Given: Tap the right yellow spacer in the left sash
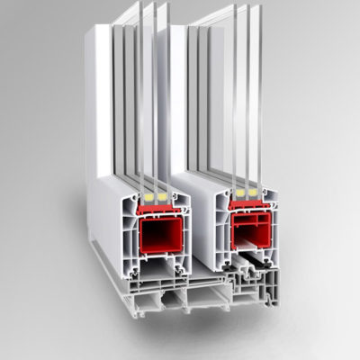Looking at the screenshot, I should click(x=162, y=194).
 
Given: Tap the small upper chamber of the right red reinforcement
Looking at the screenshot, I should click(x=245, y=217).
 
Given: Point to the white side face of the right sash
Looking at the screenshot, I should click(x=193, y=117).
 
